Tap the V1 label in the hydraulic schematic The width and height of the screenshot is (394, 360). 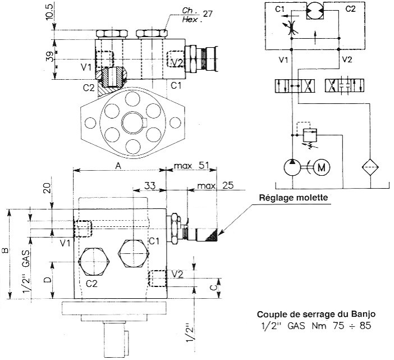(x=283, y=58)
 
